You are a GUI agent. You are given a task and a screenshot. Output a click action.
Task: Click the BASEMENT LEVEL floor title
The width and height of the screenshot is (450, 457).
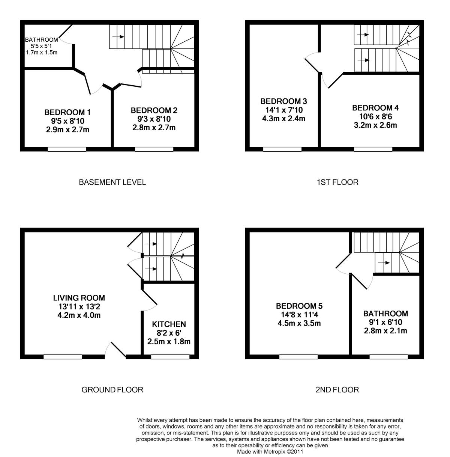(112, 182)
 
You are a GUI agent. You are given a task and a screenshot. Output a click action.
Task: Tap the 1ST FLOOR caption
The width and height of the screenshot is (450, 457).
(337, 182)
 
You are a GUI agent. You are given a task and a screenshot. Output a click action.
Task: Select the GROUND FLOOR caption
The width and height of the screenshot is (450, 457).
(112, 390)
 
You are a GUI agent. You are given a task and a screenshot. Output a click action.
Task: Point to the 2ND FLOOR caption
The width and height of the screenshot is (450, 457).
(337, 390)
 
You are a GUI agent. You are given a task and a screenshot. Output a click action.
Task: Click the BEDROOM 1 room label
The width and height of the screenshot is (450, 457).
(67, 112)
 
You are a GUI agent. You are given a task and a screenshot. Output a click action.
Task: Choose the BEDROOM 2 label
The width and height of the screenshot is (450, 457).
(154, 110)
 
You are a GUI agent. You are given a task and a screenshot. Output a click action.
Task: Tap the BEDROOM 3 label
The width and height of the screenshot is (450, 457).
(284, 101)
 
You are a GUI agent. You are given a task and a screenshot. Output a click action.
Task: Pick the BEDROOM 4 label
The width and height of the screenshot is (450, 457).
(375, 108)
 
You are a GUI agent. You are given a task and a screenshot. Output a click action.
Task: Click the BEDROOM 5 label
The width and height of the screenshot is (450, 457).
(299, 306)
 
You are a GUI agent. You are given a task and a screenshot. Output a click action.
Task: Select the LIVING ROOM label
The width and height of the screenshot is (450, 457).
(79, 298)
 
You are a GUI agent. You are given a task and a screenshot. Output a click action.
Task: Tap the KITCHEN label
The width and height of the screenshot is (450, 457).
(169, 324)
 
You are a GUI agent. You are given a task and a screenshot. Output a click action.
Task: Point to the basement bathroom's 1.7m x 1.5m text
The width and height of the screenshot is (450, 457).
(42, 53)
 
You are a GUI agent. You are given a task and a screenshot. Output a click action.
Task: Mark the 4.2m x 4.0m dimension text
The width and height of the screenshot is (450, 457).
(79, 315)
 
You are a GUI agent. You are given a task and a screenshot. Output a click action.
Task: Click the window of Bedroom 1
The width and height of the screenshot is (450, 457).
(67, 149)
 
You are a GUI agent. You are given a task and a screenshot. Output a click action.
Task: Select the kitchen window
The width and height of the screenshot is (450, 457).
(170, 357)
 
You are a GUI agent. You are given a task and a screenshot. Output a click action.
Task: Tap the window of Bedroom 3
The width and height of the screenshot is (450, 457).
(282, 149)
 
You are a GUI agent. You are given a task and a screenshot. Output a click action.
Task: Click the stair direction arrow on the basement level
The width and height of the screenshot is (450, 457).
(118, 37)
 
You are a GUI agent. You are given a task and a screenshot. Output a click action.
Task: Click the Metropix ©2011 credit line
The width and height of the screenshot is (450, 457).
(270, 452)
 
